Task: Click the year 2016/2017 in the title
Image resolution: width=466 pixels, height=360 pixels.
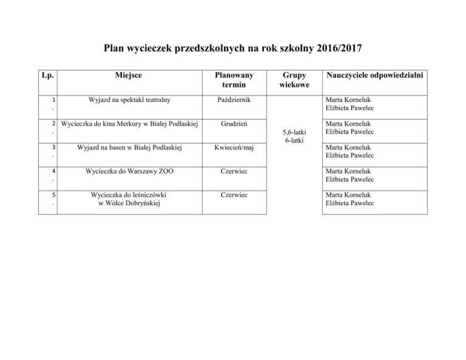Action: point(336,48)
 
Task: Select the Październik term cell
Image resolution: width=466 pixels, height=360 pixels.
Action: point(232,99)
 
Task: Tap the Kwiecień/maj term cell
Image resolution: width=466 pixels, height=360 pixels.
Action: point(232,148)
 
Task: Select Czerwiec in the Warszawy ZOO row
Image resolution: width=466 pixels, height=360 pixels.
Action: point(232,171)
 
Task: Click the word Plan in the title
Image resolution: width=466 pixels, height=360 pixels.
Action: point(114,48)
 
